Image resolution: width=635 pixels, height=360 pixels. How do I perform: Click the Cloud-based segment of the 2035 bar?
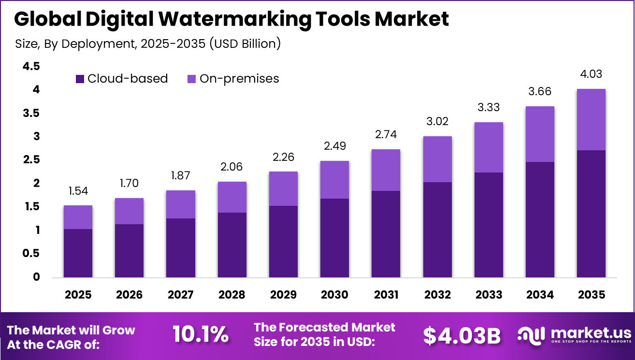click(591, 214)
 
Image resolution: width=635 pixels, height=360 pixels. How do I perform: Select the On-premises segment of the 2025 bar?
click(78, 217)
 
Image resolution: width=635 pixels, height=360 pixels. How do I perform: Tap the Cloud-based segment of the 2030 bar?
click(334, 238)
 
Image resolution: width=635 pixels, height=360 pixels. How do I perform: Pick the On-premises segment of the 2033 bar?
click(488, 147)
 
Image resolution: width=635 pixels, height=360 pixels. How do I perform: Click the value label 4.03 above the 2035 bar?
click(591, 74)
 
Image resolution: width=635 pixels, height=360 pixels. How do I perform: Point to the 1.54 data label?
click(78, 191)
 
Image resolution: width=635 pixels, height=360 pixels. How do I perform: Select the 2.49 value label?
click(334, 146)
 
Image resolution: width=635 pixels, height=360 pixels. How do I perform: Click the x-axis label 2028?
click(231, 294)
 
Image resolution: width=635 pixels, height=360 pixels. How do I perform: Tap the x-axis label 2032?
click(437, 294)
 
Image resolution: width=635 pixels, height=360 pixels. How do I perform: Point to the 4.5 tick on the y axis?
click(31, 66)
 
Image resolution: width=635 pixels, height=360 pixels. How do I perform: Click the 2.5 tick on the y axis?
click(31, 160)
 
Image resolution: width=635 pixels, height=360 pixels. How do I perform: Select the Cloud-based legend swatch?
click(80, 79)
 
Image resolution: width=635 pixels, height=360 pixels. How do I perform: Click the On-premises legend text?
click(239, 78)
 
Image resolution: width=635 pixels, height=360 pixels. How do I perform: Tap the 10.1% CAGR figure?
click(200, 334)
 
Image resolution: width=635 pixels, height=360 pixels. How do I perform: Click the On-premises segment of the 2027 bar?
click(180, 204)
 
